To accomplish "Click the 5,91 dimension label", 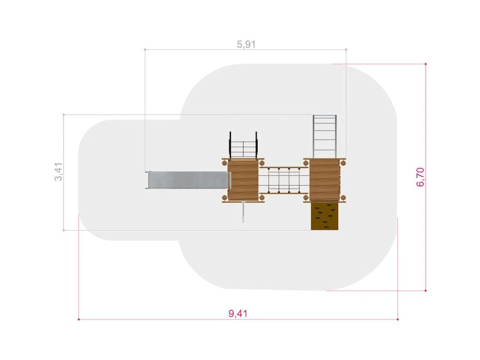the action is pos(246,44).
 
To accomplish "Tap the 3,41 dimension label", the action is pos(58,172).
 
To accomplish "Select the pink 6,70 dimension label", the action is pos(420,177).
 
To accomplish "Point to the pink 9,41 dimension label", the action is pos(238,314).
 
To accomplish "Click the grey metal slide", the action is pos(187,180).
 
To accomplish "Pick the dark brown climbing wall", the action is pos(324,216).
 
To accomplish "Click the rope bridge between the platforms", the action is pos(284,180).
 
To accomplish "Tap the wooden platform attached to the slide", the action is pos(243,180).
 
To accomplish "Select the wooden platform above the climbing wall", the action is pos(324,180).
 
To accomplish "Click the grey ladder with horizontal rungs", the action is pos(324,137).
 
